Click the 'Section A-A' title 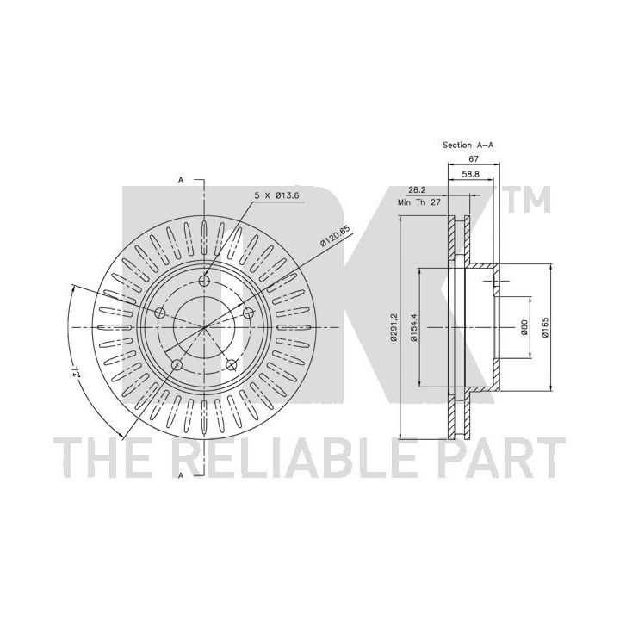click(x=468, y=146)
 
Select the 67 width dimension click(x=474, y=159)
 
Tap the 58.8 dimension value click(x=470, y=174)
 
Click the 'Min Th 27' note click(x=419, y=202)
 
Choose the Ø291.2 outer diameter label click(x=394, y=326)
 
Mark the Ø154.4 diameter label click(x=413, y=327)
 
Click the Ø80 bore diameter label click(x=524, y=327)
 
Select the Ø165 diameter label click(x=545, y=327)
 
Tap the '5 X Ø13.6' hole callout click(x=276, y=195)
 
